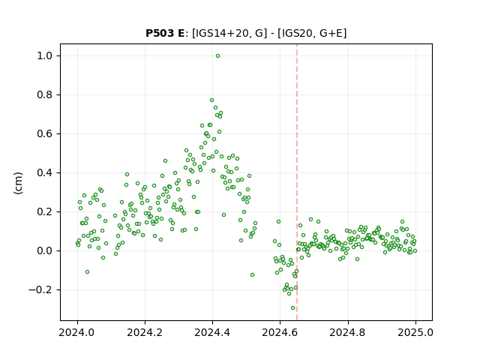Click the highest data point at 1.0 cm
(217, 56)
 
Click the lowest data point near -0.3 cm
(293, 308)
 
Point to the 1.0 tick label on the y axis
(46, 56)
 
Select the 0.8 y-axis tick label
(46, 95)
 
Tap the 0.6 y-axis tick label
(46, 133)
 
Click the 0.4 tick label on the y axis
(46, 173)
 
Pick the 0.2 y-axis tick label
(46, 211)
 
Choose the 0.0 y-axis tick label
(46, 250)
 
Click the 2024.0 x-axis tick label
(77, 332)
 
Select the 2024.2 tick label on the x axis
(145, 332)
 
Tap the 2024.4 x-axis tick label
(212, 332)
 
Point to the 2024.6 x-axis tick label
(280, 332)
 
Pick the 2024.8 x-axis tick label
(348, 332)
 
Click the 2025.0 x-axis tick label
(415, 332)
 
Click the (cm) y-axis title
(18, 183)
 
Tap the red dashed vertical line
(297, 182)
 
